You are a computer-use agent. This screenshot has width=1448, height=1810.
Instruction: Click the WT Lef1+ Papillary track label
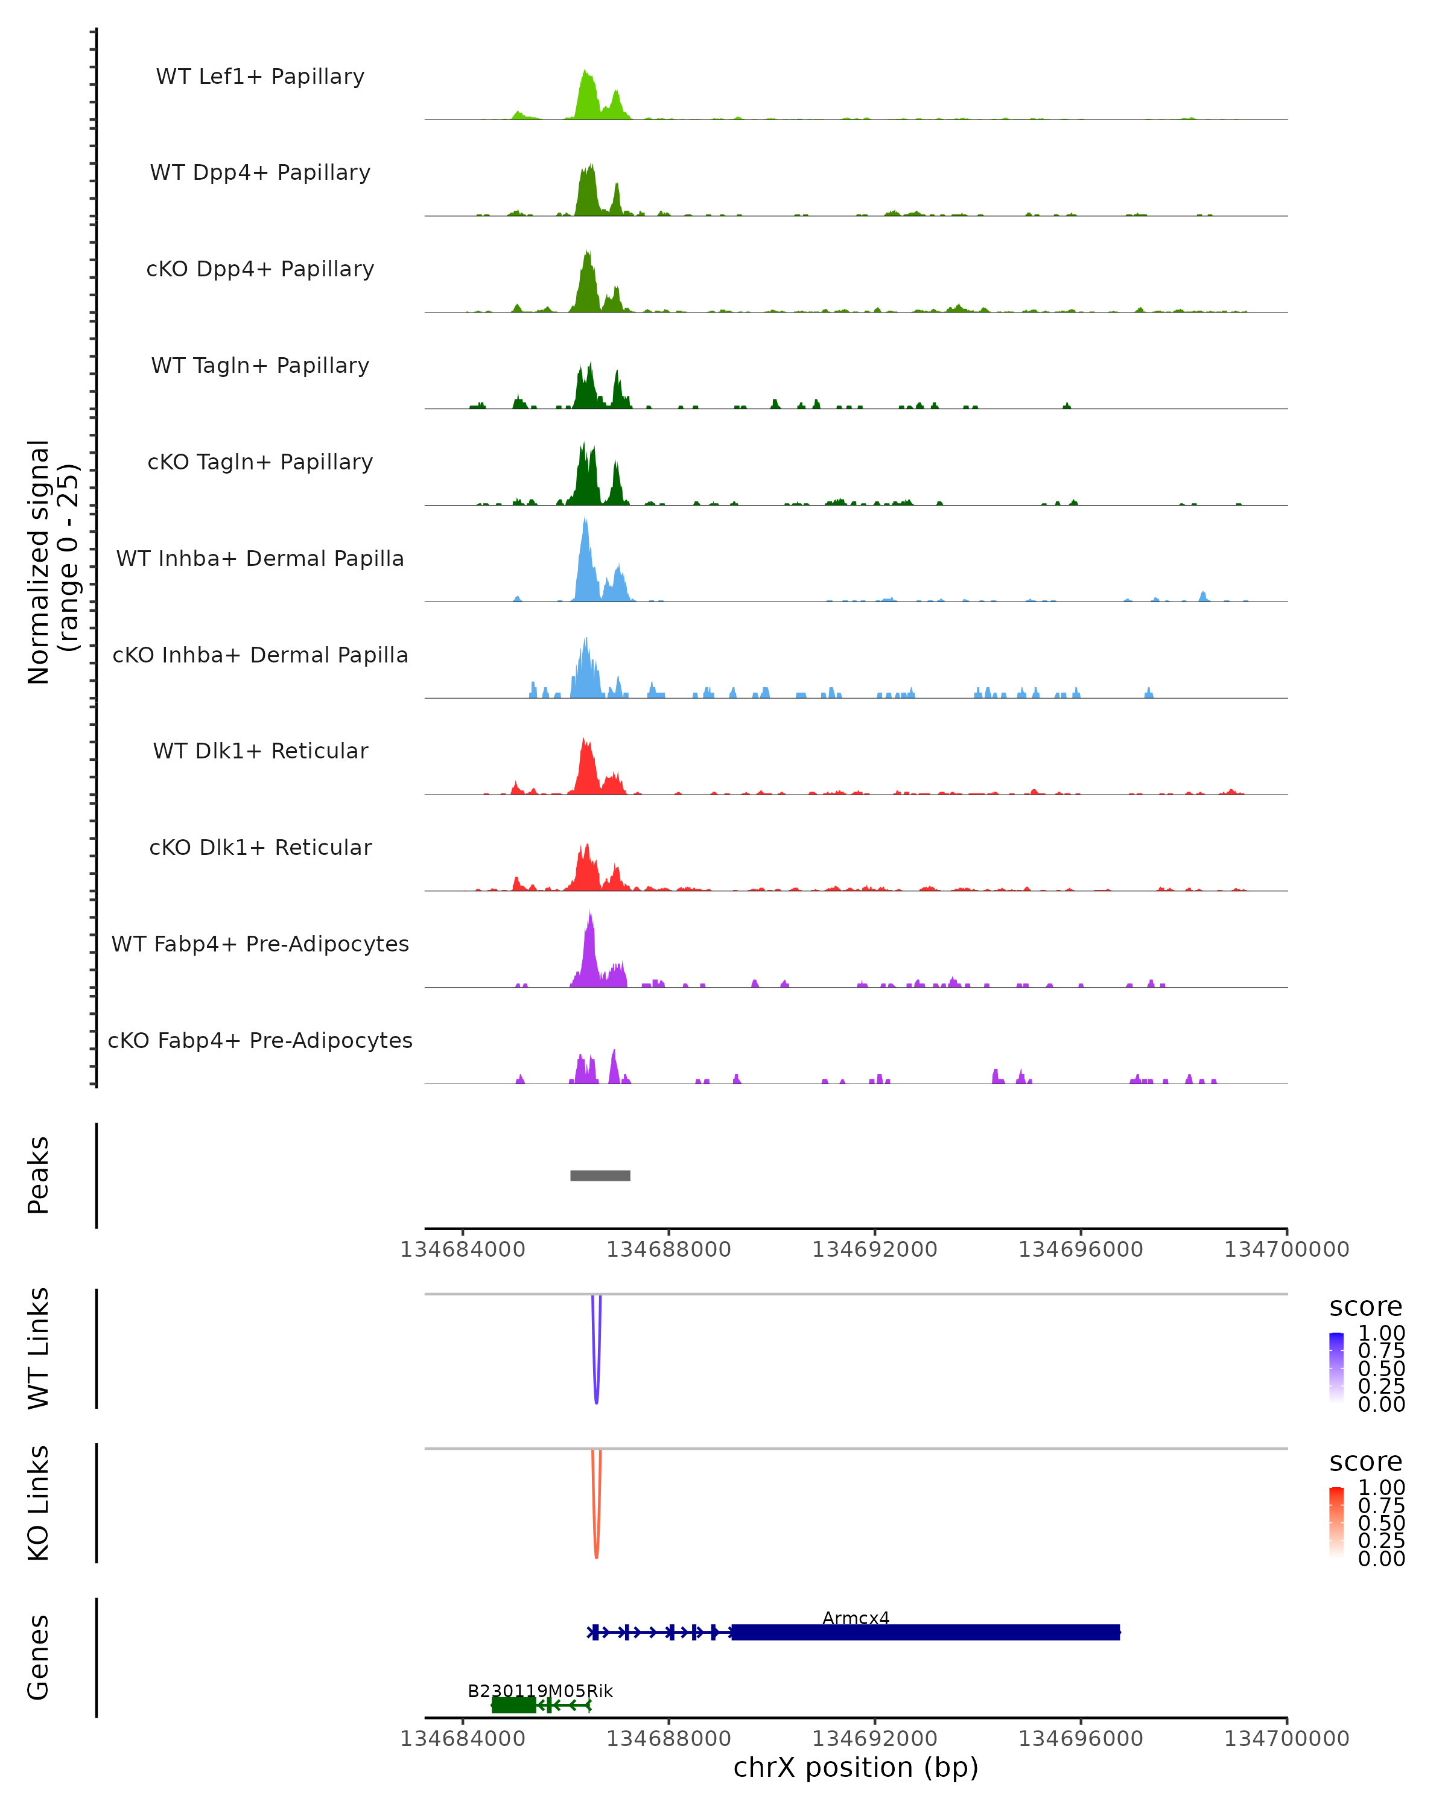coord(260,77)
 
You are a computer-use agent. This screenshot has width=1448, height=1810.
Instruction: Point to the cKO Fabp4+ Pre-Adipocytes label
coord(260,1040)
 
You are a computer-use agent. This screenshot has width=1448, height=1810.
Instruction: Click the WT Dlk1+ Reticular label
coord(260,751)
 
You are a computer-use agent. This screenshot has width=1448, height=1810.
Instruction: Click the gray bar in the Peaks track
coord(600,1175)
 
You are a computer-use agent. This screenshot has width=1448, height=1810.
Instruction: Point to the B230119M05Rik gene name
coord(540,1691)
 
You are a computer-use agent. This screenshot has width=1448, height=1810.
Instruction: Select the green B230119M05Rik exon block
coord(513,1705)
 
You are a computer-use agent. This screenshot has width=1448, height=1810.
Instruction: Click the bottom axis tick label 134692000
coord(875,1739)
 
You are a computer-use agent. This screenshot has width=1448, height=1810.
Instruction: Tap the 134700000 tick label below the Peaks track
coord(1286,1250)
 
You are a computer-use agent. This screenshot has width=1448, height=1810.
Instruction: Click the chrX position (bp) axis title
coord(856,1768)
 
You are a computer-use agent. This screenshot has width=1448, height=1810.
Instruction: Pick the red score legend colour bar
coord(1336,1522)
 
